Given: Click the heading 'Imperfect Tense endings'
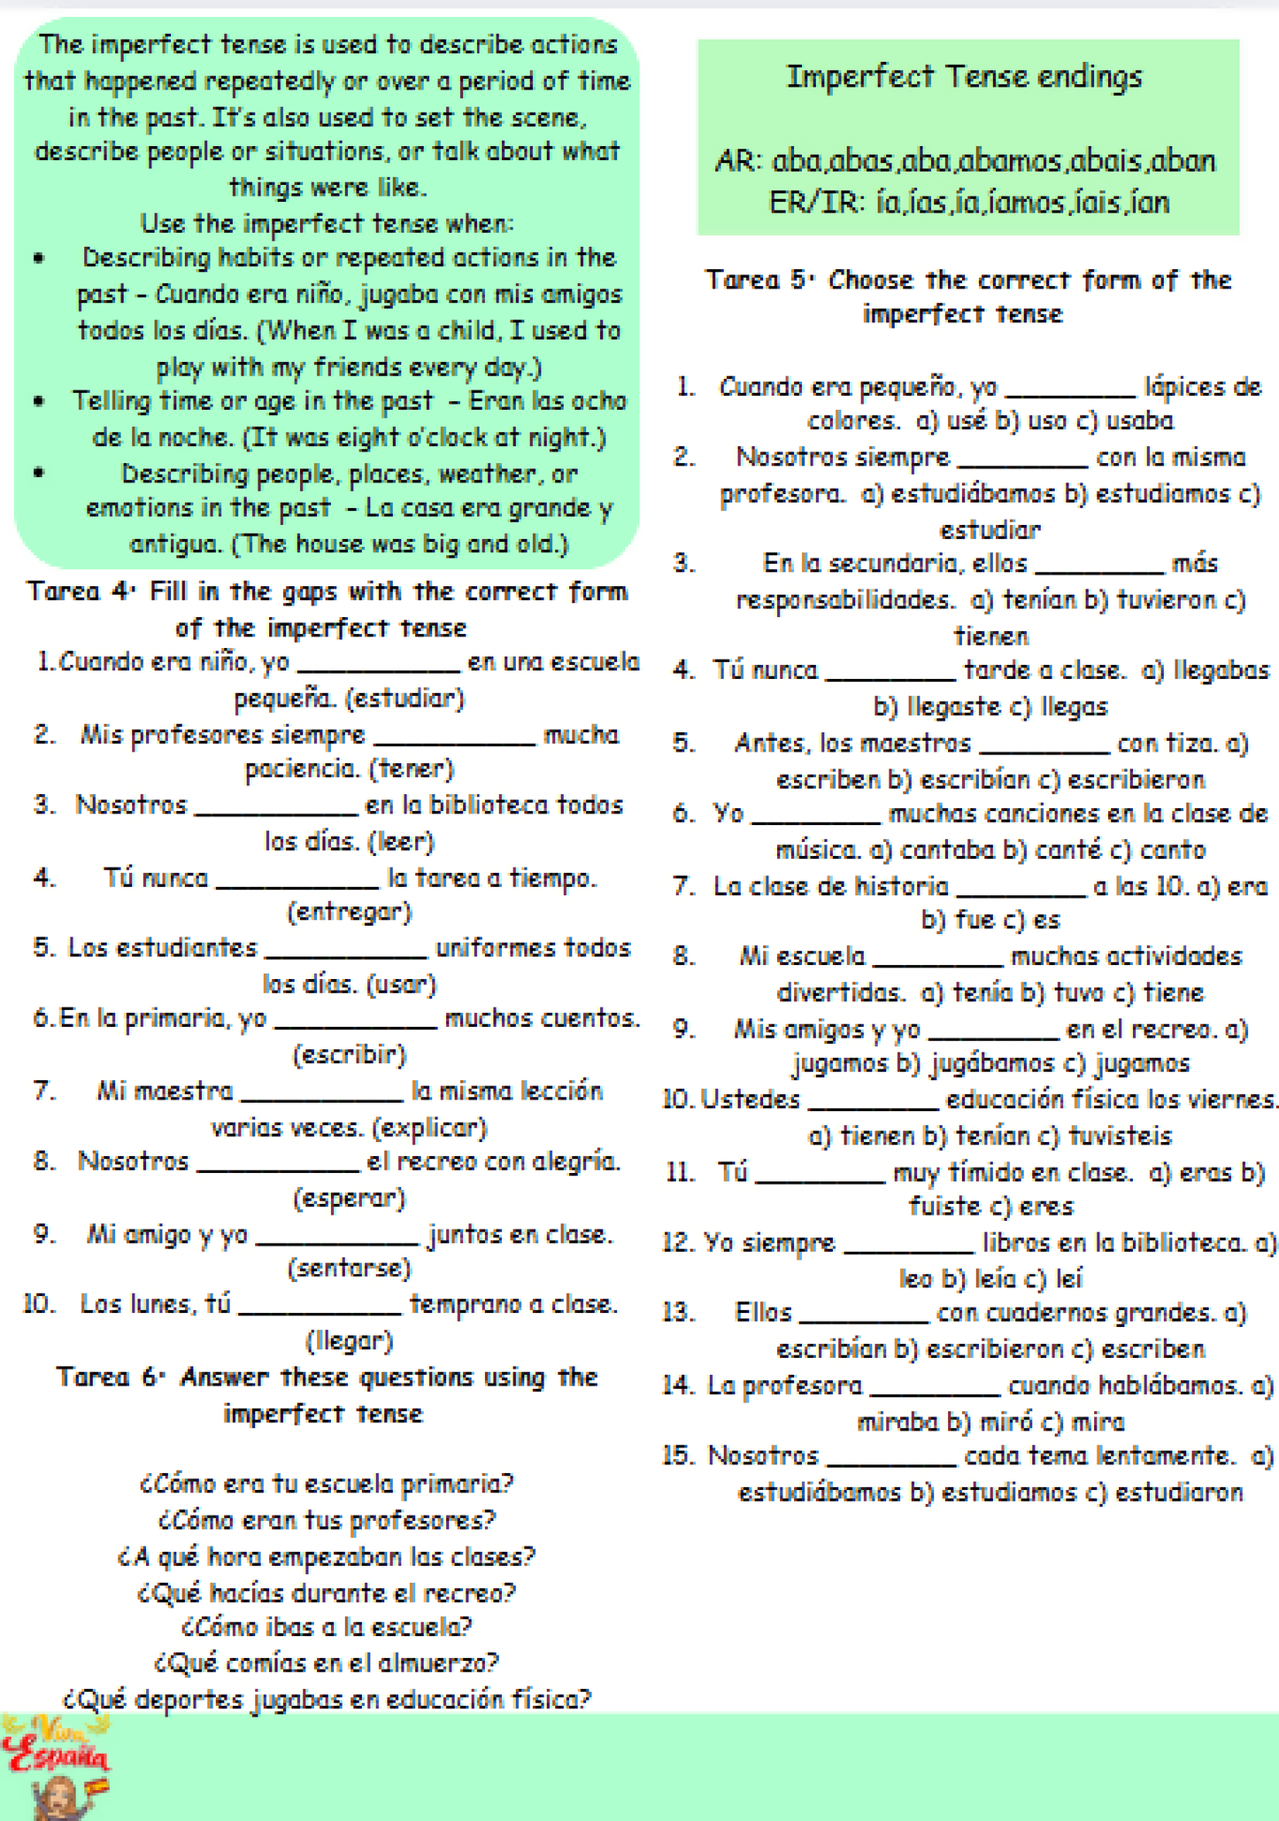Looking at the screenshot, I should [964, 77].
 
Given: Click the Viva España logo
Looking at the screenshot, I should [56, 1765].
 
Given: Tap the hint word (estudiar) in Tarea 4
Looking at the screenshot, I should [405, 698].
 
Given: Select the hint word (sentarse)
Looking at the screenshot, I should [350, 1269].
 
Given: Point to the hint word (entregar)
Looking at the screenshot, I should [350, 912].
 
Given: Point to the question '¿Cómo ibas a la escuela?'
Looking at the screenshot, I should [326, 1626].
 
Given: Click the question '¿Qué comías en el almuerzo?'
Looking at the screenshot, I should [326, 1663].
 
